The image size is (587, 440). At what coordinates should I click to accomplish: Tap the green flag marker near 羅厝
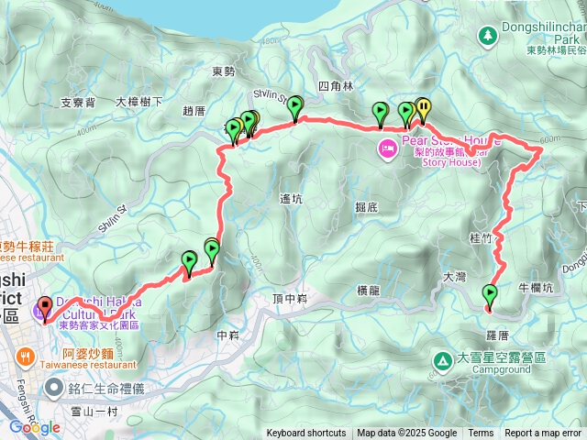(490, 294)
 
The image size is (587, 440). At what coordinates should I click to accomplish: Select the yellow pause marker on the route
(423, 108)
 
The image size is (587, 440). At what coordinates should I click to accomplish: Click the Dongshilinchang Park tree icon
(488, 35)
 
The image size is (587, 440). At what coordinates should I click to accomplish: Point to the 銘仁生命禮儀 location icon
(55, 389)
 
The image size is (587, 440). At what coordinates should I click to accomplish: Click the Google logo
(34, 426)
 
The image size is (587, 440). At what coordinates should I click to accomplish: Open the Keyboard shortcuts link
(306, 434)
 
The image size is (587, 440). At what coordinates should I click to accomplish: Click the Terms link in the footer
(481, 434)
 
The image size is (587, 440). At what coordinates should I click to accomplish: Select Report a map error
(543, 434)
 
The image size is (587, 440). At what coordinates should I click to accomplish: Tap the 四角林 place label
(335, 86)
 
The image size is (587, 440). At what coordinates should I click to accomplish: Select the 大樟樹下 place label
(139, 102)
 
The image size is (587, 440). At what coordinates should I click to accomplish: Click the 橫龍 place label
(368, 291)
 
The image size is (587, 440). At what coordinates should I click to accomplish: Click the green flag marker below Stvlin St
(294, 109)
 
